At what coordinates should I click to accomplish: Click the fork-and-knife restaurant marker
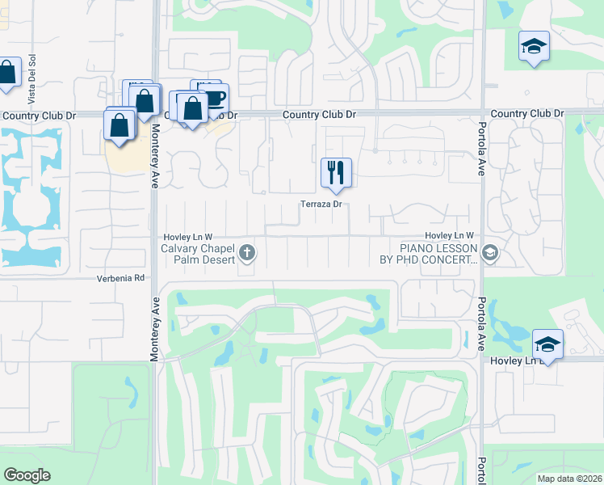tap(336, 172)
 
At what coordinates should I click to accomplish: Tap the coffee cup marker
tap(215, 98)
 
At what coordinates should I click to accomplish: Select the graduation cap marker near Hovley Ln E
tap(547, 344)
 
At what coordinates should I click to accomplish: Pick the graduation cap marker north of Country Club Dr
tap(534, 46)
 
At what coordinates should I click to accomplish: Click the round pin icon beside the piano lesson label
tap(490, 255)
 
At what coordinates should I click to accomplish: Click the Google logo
tap(27, 474)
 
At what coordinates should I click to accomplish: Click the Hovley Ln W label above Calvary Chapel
tap(187, 235)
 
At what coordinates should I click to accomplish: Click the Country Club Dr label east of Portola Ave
tap(526, 114)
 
